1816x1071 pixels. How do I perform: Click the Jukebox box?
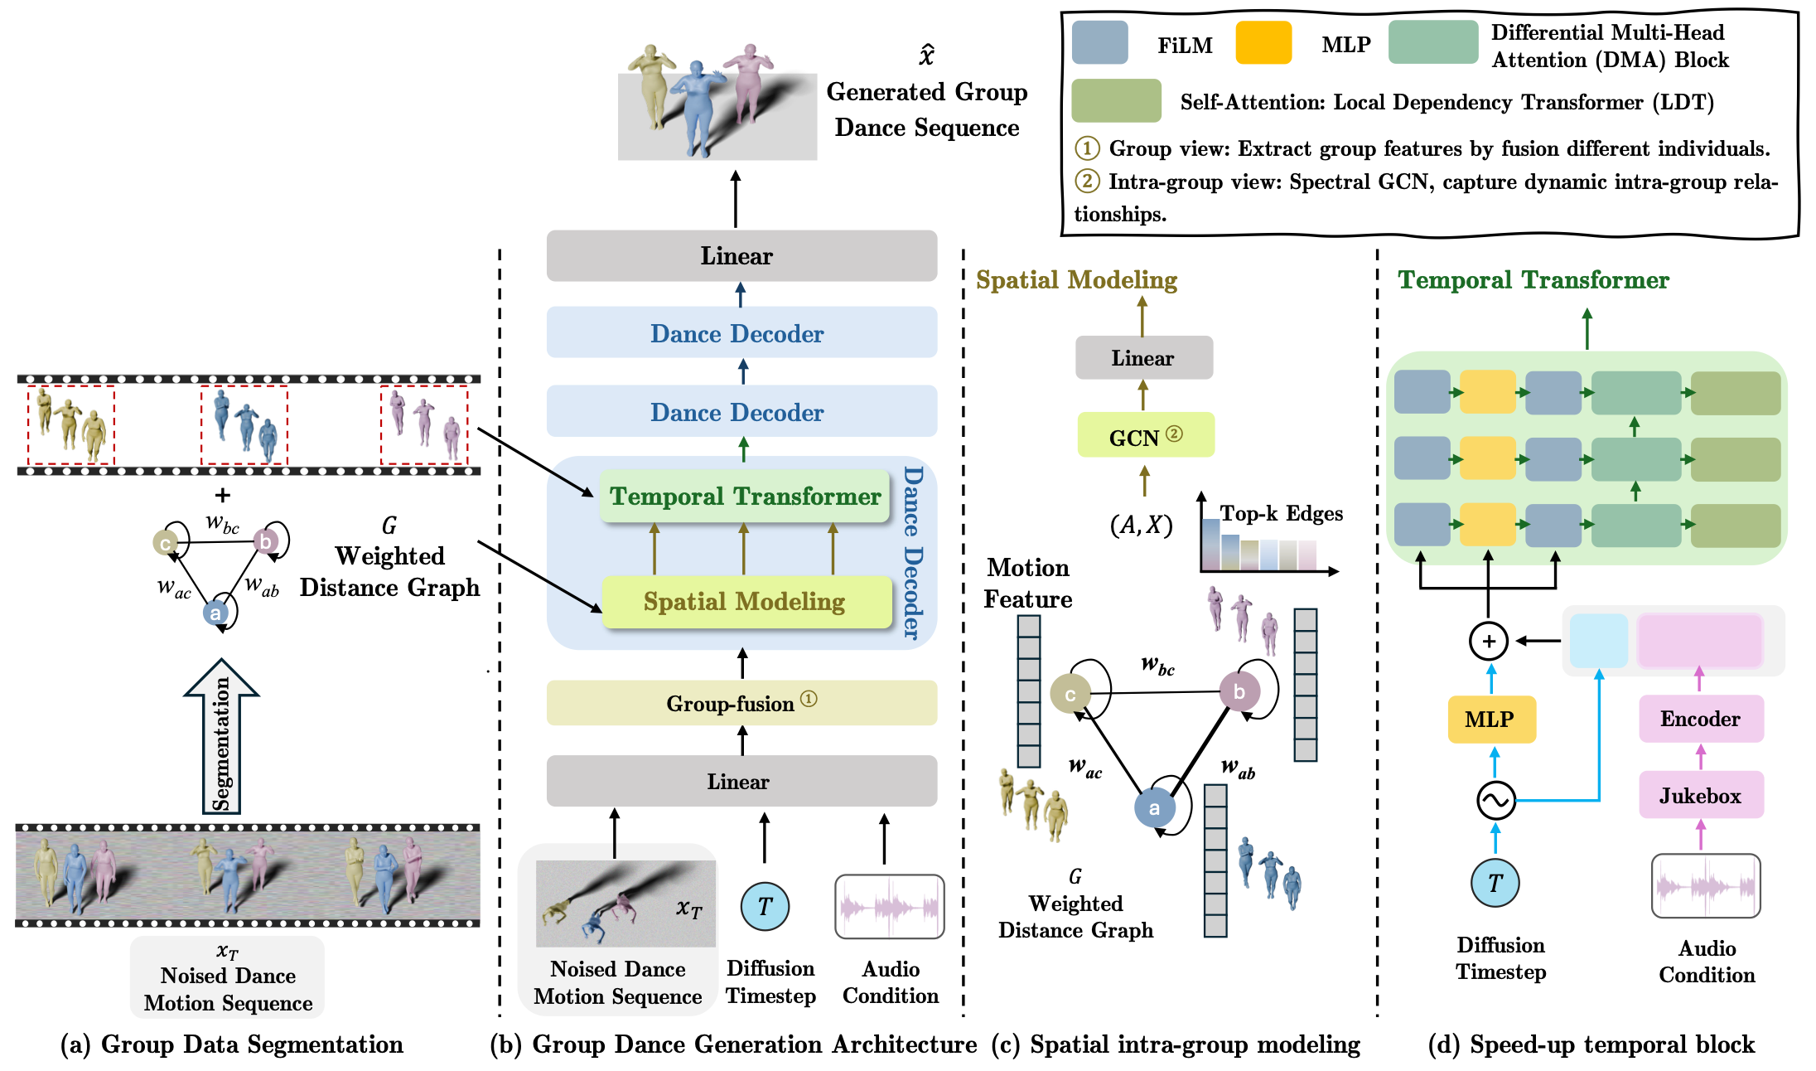click(x=1700, y=796)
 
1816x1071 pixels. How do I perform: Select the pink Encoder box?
click(x=1700, y=719)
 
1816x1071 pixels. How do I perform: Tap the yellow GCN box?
click(x=1145, y=436)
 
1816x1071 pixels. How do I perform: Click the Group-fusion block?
click(x=741, y=703)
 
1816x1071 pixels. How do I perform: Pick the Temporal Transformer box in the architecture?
click(x=744, y=497)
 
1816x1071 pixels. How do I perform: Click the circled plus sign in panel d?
click(x=1489, y=641)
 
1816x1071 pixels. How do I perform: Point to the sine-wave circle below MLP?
click(x=1496, y=800)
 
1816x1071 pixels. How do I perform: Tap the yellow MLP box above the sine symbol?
click(x=1491, y=719)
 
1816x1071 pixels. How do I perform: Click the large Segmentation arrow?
click(x=221, y=738)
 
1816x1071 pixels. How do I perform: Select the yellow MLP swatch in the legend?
click(x=1263, y=43)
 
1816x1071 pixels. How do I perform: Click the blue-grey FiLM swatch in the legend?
click(x=1099, y=43)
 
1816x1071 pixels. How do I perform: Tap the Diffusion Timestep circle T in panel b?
click(x=765, y=906)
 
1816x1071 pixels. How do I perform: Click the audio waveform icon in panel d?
click(x=1706, y=886)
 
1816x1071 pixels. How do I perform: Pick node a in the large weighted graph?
click(x=1155, y=807)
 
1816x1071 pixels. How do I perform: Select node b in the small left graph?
click(x=265, y=541)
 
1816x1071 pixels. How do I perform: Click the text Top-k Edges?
click(x=1281, y=513)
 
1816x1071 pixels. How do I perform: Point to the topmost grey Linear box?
click(x=741, y=256)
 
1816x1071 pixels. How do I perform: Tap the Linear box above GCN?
click(x=1143, y=358)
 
